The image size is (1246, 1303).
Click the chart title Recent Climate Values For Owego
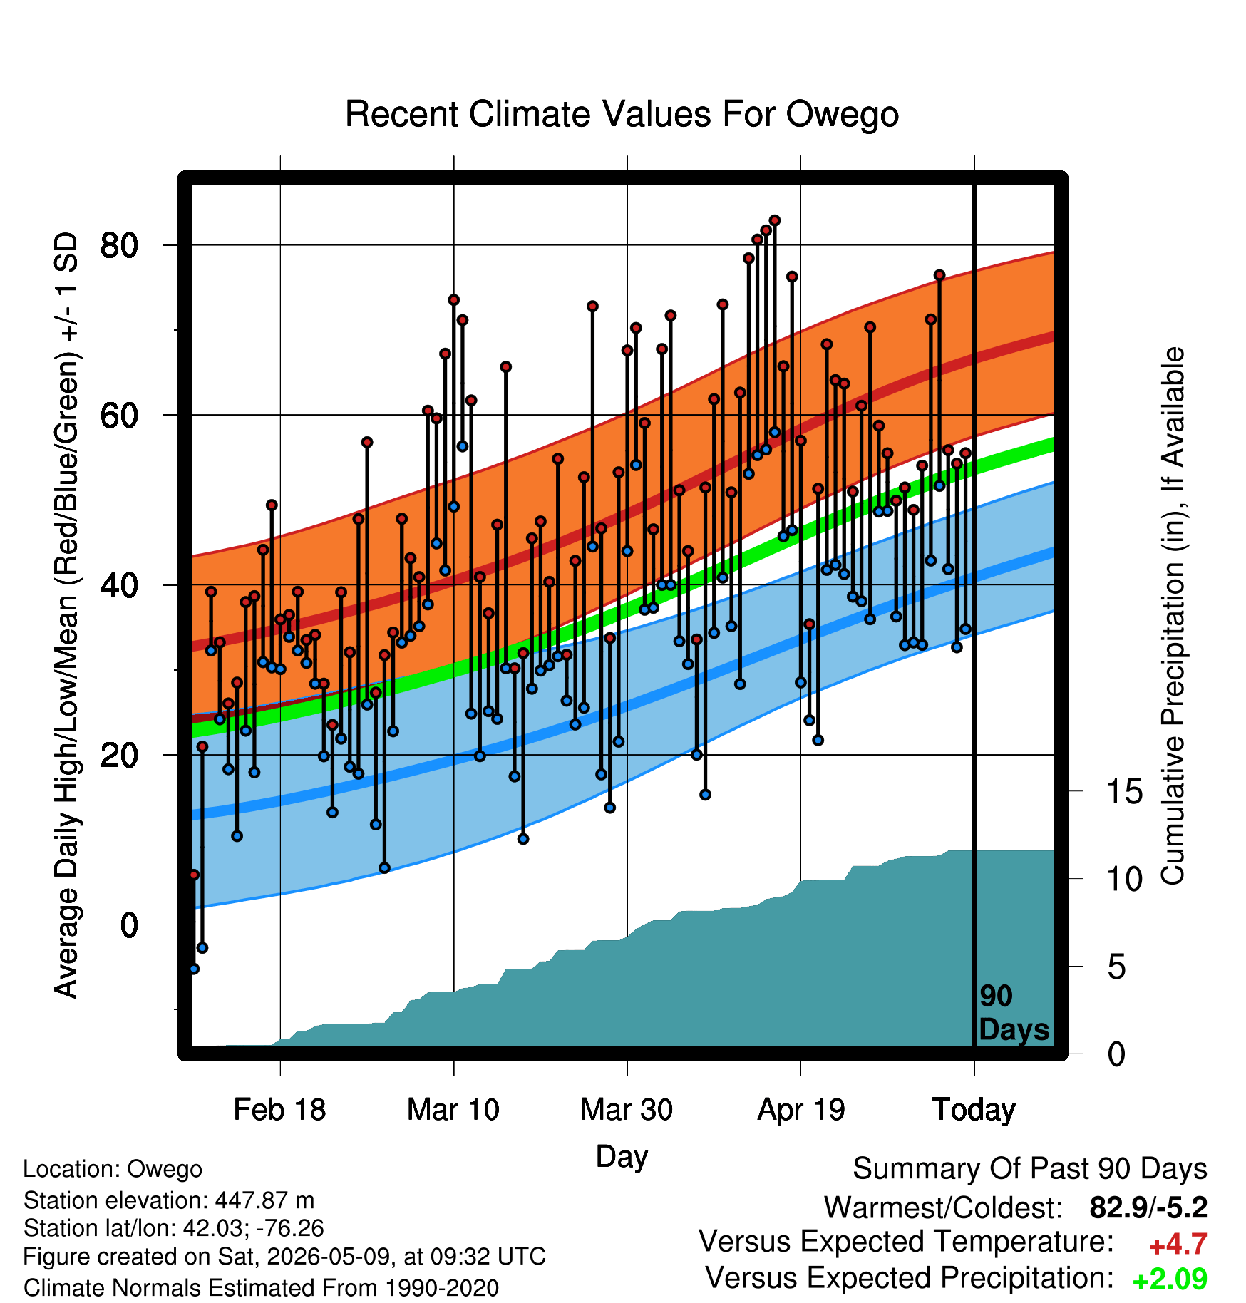[622, 114]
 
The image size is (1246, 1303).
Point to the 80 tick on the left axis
[119, 245]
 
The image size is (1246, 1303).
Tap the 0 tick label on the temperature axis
[129, 925]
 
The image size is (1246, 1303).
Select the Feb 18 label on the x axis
[279, 1109]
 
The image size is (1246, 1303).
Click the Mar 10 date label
[453, 1109]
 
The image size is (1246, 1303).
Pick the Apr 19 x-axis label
[800, 1110]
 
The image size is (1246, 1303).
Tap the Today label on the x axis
[974, 1110]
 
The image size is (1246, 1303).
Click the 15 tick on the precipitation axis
[1125, 792]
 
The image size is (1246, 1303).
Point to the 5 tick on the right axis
[1117, 967]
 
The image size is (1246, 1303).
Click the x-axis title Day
[622, 1157]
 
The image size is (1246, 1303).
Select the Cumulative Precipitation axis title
[1173, 616]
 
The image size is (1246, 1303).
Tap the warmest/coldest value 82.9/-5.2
[1148, 1207]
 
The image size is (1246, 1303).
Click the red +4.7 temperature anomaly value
[1178, 1245]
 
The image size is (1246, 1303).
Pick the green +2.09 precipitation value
[1170, 1279]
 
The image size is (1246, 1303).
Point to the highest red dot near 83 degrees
[775, 220]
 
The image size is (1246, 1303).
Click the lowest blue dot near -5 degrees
[194, 969]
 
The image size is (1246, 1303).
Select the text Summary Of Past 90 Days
[1030, 1170]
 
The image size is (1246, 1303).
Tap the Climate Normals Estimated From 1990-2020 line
[261, 1288]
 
